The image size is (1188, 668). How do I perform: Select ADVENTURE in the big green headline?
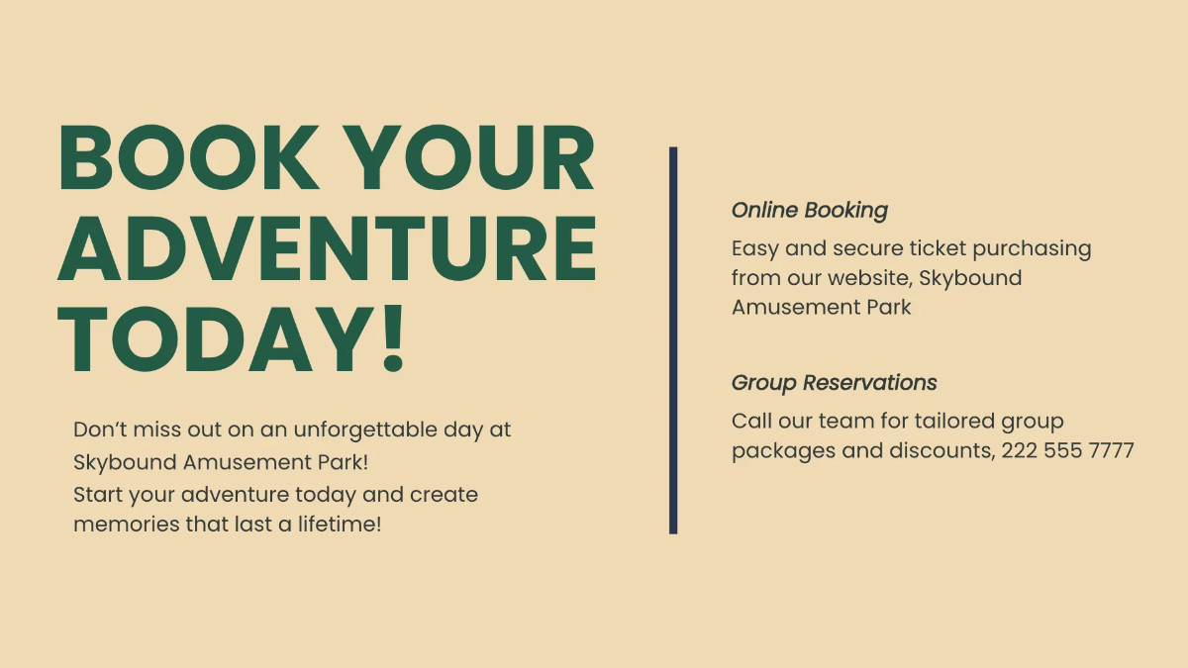click(x=327, y=249)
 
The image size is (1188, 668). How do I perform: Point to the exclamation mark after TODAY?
click(x=393, y=337)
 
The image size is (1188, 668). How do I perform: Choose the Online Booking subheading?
click(x=809, y=210)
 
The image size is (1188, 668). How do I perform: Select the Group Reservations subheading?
click(x=834, y=383)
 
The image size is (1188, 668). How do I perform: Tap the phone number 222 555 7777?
click(x=1067, y=451)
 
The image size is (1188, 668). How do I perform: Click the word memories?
click(x=126, y=525)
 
